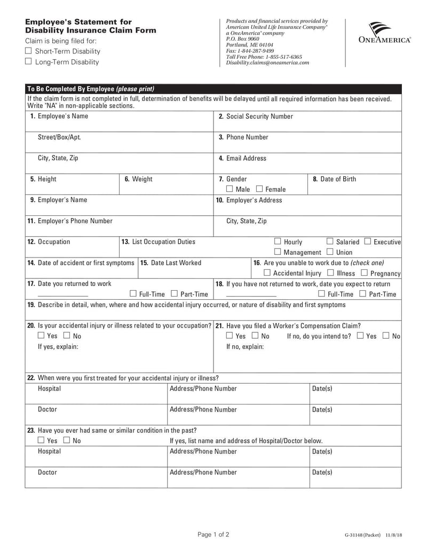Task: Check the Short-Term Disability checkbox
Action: (29, 51)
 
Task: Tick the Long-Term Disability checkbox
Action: (29, 62)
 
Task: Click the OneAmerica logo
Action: (384, 33)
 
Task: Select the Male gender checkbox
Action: (230, 189)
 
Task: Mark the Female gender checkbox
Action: (259, 189)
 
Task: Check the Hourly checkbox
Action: (278, 242)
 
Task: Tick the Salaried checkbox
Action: (330, 242)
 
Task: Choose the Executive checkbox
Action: (367, 242)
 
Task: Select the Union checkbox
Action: (330, 252)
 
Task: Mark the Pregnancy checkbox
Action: (364, 273)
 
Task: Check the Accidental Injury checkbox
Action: (267, 273)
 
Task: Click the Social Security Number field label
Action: (256, 116)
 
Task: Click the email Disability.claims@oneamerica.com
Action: (267, 63)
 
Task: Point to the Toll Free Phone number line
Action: (264, 57)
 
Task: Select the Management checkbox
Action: (278, 252)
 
